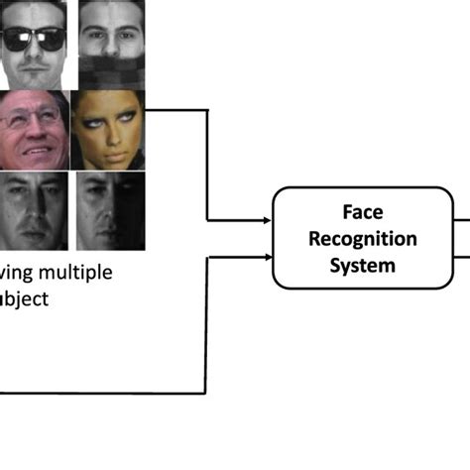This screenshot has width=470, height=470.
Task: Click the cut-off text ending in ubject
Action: [x=23, y=298]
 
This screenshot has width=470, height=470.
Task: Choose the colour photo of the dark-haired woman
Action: [x=109, y=129]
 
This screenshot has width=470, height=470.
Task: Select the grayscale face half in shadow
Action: [x=109, y=210]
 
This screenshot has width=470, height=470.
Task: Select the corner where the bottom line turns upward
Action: [x=206, y=393]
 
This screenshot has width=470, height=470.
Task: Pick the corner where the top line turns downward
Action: [x=206, y=109]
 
